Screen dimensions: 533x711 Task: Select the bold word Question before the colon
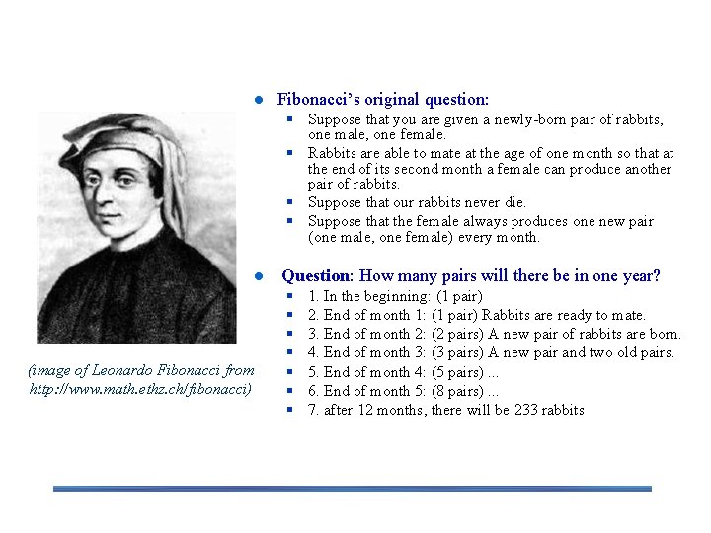point(316,276)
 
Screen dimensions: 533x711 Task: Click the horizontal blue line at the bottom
point(353,488)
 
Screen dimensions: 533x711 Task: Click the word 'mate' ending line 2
point(627,315)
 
